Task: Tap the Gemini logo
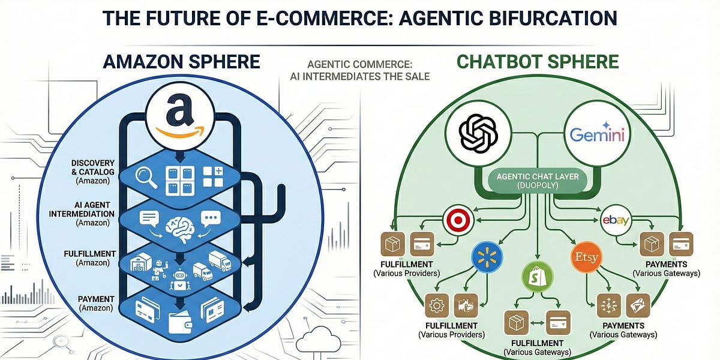click(597, 134)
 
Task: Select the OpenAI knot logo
click(478, 134)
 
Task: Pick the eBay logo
click(616, 221)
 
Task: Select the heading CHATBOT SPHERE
click(538, 62)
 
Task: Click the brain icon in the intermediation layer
click(181, 223)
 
